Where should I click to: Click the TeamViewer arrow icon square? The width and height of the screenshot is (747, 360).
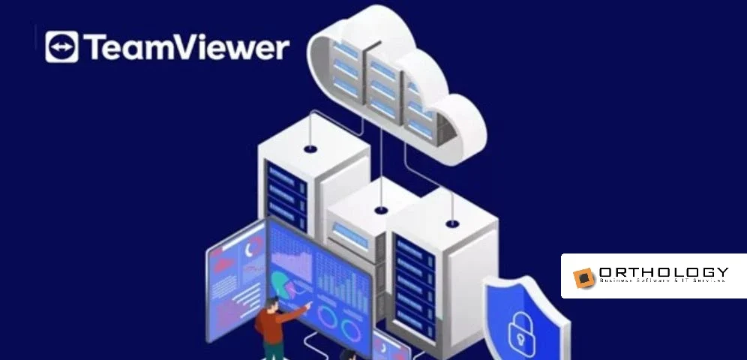pyautogui.click(x=61, y=47)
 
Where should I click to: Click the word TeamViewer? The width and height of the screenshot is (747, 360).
pyautogui.click(x=187, y=47)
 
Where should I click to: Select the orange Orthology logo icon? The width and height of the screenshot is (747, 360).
pyautogui.click(x=584, y=277)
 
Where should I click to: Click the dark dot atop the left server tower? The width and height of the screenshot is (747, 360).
pyautogui.click(x=310, y=149)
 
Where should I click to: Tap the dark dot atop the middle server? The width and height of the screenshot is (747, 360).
pyautogui.click(x=381, y=209)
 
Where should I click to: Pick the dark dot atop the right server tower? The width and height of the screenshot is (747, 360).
pyautogui.click(x=451, y=223)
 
